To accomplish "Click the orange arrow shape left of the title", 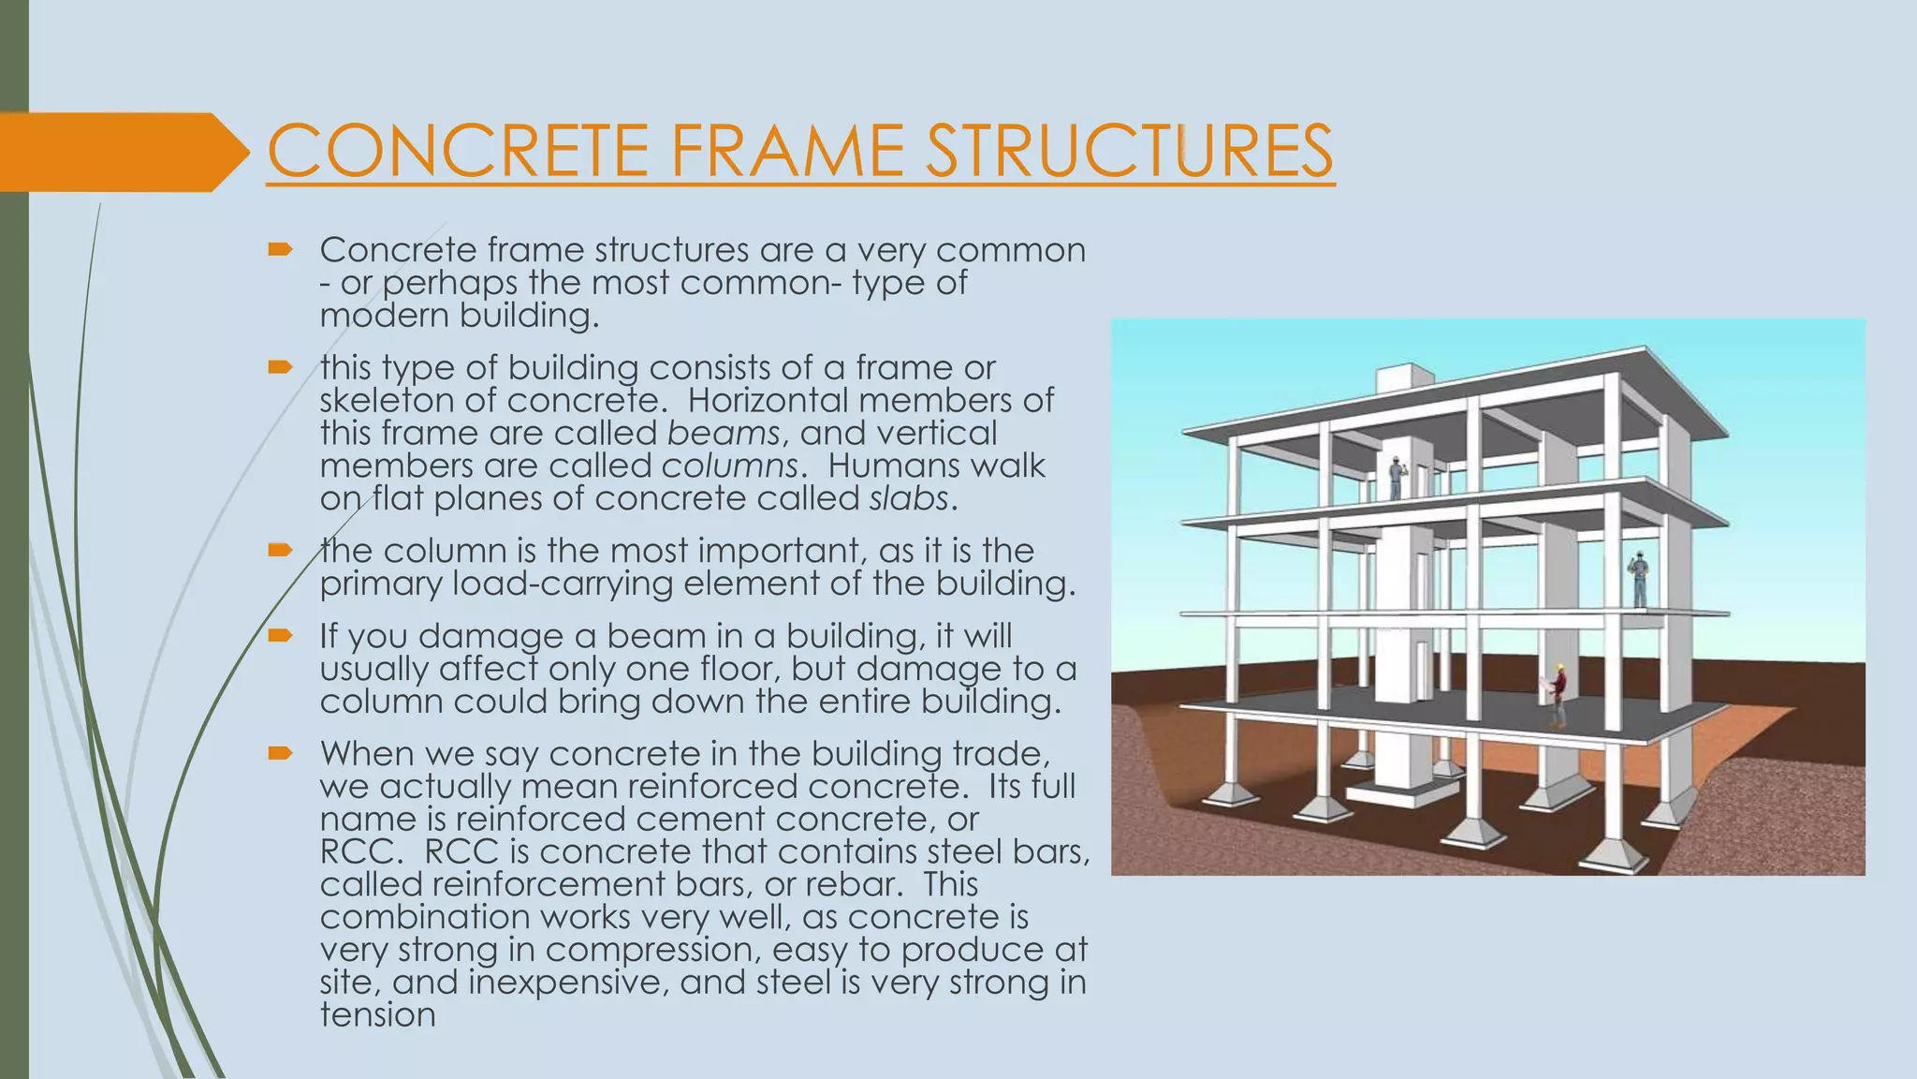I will [x=122, y=152].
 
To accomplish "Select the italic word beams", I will [x=724, y=433].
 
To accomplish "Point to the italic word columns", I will [x=730, y=466].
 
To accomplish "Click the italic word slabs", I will [x=909, y=498].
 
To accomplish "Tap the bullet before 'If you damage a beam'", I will [x=280, y=636].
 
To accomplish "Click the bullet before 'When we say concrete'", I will [x=280, y=753].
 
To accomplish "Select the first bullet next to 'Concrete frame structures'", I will [x=280, y=250].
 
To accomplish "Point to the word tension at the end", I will [x=377, y=1014].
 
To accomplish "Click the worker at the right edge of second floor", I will [x=1639, y=580].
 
